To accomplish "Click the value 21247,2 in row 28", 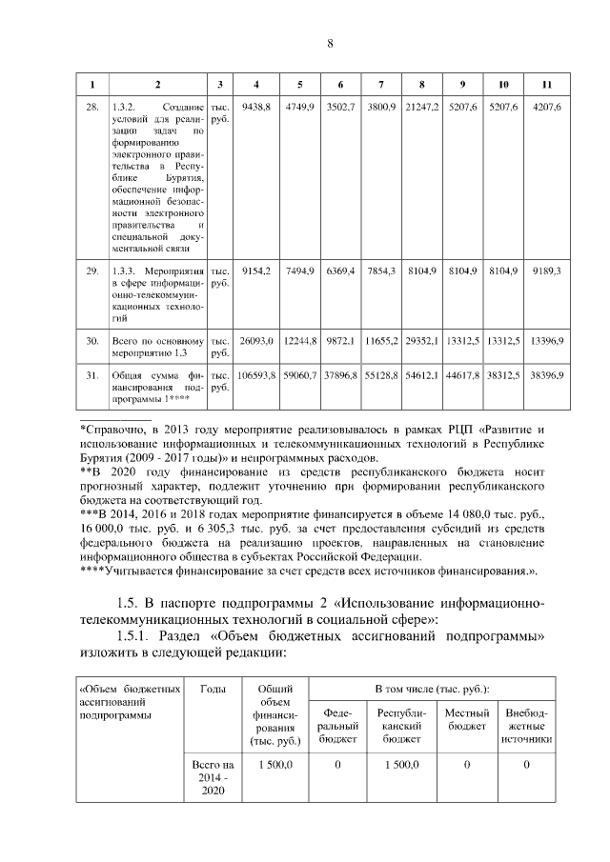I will click(x=421, y=108).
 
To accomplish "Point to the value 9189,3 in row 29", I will click(x=546, y=271).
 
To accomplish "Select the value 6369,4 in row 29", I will click(x=340, y=271).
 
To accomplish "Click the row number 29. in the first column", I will click(x=92, y=271).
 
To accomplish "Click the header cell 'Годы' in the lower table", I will click(x=213, y=689).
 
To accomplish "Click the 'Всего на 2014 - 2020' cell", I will click(x=213, y=778).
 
